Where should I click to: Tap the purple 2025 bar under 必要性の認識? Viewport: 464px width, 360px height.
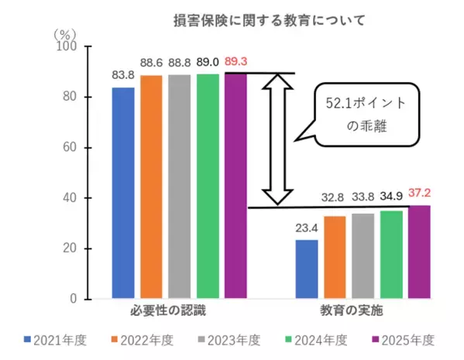(235, 186)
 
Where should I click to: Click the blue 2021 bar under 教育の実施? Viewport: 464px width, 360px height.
(307, 269)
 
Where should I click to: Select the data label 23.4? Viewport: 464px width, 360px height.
(307, 228)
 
